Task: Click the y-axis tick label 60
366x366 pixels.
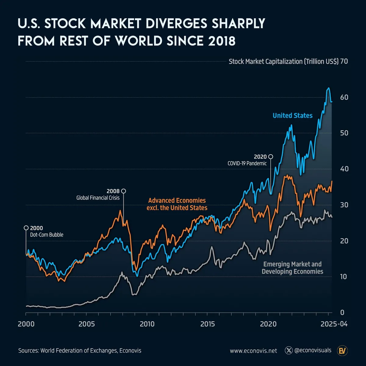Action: point(344,97)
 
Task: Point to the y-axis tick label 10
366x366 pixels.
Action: point(344,277)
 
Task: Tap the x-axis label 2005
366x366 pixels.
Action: point(87,324)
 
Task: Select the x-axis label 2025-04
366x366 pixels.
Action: point(334,324)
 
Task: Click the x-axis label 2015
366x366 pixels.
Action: point(208,324)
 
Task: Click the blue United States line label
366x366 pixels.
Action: point(292,116)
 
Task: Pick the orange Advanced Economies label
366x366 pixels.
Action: point(177,204)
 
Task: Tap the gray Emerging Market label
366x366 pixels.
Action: point(292,268)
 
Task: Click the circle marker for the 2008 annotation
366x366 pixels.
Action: point(124,191)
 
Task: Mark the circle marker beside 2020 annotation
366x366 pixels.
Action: point(270,157)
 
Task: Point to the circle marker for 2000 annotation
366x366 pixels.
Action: point(26,228)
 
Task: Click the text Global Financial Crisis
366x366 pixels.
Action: point(98,198)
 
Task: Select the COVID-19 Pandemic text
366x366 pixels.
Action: point(247,163)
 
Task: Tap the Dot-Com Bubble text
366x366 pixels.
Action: point(47,235)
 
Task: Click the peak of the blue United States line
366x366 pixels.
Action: point(328,88)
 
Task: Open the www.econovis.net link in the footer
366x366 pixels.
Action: point(253,351)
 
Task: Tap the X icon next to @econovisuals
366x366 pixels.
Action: point(289,350)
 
